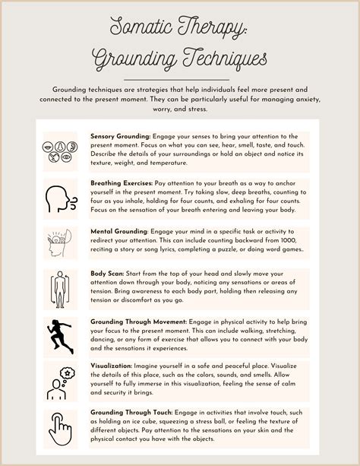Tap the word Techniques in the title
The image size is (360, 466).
click(x=214, y=58)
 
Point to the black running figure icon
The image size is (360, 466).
click(x=60, y=336)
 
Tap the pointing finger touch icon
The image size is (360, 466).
click(x=60, y=427)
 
